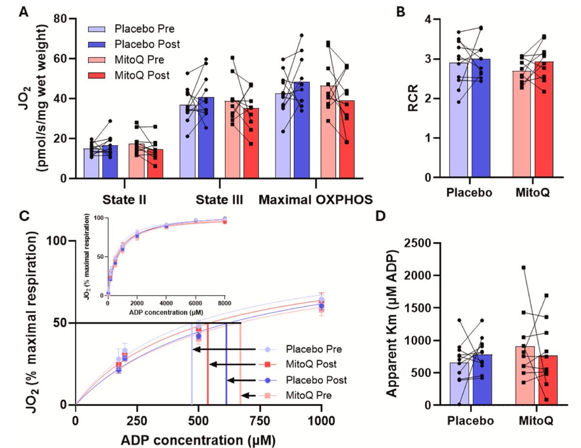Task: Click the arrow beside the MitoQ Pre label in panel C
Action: (248, 395)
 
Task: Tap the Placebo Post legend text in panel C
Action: (316, 380)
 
